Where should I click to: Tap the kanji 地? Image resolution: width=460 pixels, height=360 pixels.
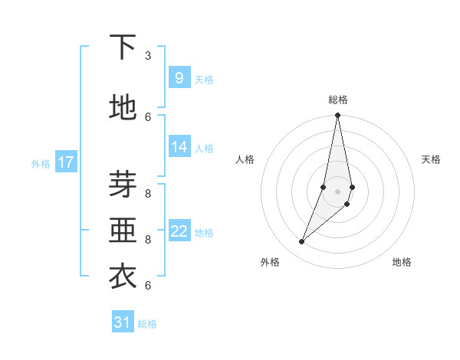click(123, 107)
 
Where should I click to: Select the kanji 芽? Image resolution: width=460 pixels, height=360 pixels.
click(123, 185)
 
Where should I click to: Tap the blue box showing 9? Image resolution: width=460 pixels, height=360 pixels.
click(179, 78)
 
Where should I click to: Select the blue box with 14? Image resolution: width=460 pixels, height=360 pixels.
click(179, 148)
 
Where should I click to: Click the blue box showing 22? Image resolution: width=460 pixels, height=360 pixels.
click(179, 231)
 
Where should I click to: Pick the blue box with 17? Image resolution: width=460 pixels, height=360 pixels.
click(66, 162)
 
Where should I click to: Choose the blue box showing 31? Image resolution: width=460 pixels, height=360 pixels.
click(123, 322)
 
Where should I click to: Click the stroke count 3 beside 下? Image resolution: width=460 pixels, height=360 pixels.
click(148, 56)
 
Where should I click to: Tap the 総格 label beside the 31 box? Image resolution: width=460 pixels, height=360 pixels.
click(147, 324)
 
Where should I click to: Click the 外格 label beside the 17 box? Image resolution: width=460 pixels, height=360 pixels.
click(41, 164)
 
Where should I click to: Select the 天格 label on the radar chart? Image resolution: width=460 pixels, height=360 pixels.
click(432, 159)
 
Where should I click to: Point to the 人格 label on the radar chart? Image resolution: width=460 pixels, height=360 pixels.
click(245, 159)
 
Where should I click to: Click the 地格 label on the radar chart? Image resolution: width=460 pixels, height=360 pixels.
click(402, 262)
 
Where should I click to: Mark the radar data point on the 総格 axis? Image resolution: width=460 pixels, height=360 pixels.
click(337, 116)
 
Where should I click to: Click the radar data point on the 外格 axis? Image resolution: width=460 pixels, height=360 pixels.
click(301, 241)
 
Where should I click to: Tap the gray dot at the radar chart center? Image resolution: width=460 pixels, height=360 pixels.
click(337, 191)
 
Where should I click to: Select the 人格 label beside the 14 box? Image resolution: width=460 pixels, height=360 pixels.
click(204, 149)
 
